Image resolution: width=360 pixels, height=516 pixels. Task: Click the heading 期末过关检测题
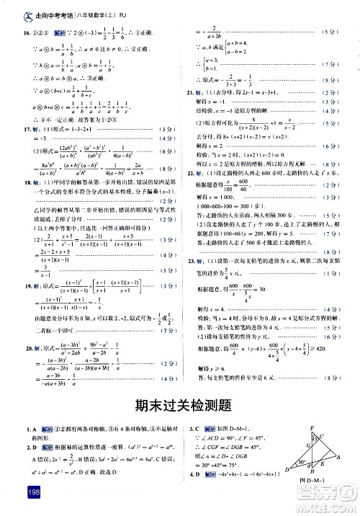[x=179, y=404]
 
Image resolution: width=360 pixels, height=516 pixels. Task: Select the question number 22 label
[x=189, y=172]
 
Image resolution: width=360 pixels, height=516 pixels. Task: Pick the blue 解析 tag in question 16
[x=42, y=33]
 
